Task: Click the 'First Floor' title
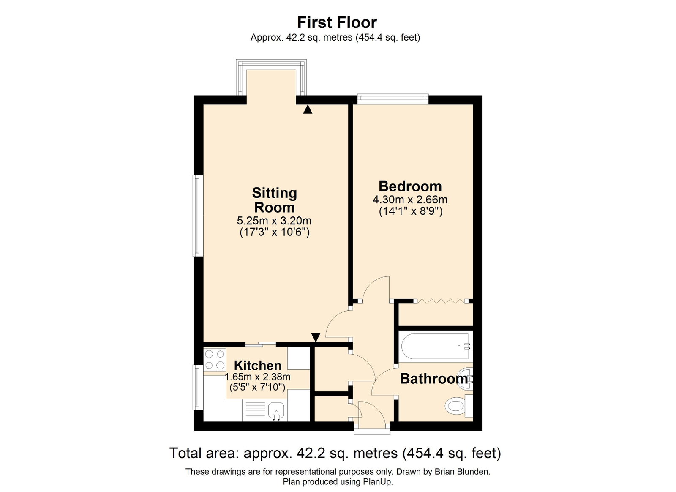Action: coord(337,22)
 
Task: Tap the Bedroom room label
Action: coord(410,186)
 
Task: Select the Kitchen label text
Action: coord(258,366)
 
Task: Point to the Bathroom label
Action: coord(433,379)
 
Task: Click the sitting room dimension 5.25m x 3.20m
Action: coord(274,221)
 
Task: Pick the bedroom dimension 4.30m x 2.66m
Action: coord(410,200)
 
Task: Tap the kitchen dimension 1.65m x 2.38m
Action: coord(257,377)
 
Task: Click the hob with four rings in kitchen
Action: coord(215,359)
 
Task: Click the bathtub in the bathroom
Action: coord(436,346)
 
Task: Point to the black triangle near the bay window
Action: coord(308,109)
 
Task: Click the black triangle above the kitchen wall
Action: coord(316,337)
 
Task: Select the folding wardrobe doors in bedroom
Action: coord(441,301)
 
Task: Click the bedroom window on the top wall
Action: coord(393,99)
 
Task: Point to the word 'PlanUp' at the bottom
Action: coord(379,482)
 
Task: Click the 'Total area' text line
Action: coord(335,454)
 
